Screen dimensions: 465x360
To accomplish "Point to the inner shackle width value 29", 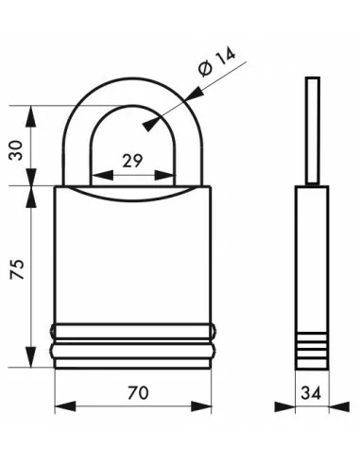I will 133,162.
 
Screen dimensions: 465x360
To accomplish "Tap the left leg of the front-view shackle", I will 82,151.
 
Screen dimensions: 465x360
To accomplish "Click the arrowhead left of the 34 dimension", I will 285,408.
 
